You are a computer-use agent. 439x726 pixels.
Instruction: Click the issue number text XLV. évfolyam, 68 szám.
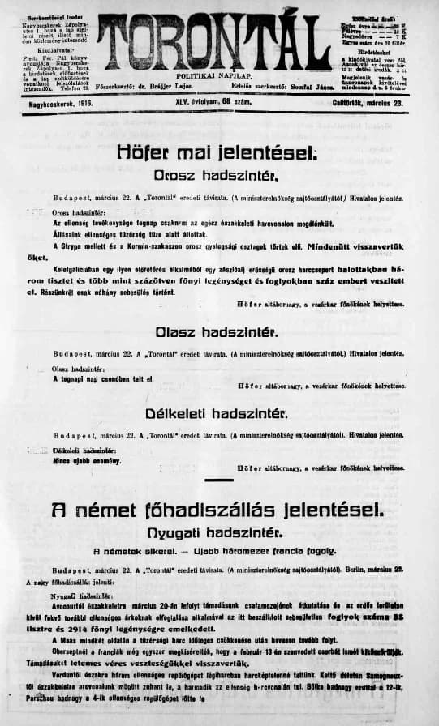click(210, 102)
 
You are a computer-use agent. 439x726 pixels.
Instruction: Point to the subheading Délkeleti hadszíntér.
click(217, 412)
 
